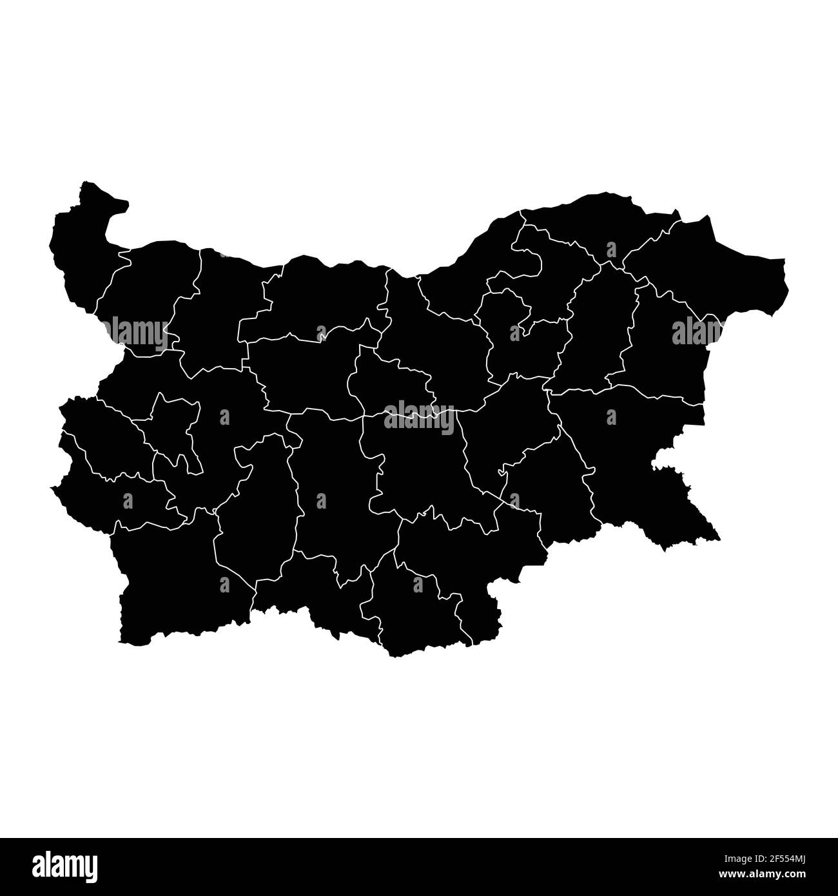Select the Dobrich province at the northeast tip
(x=709, y=271)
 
